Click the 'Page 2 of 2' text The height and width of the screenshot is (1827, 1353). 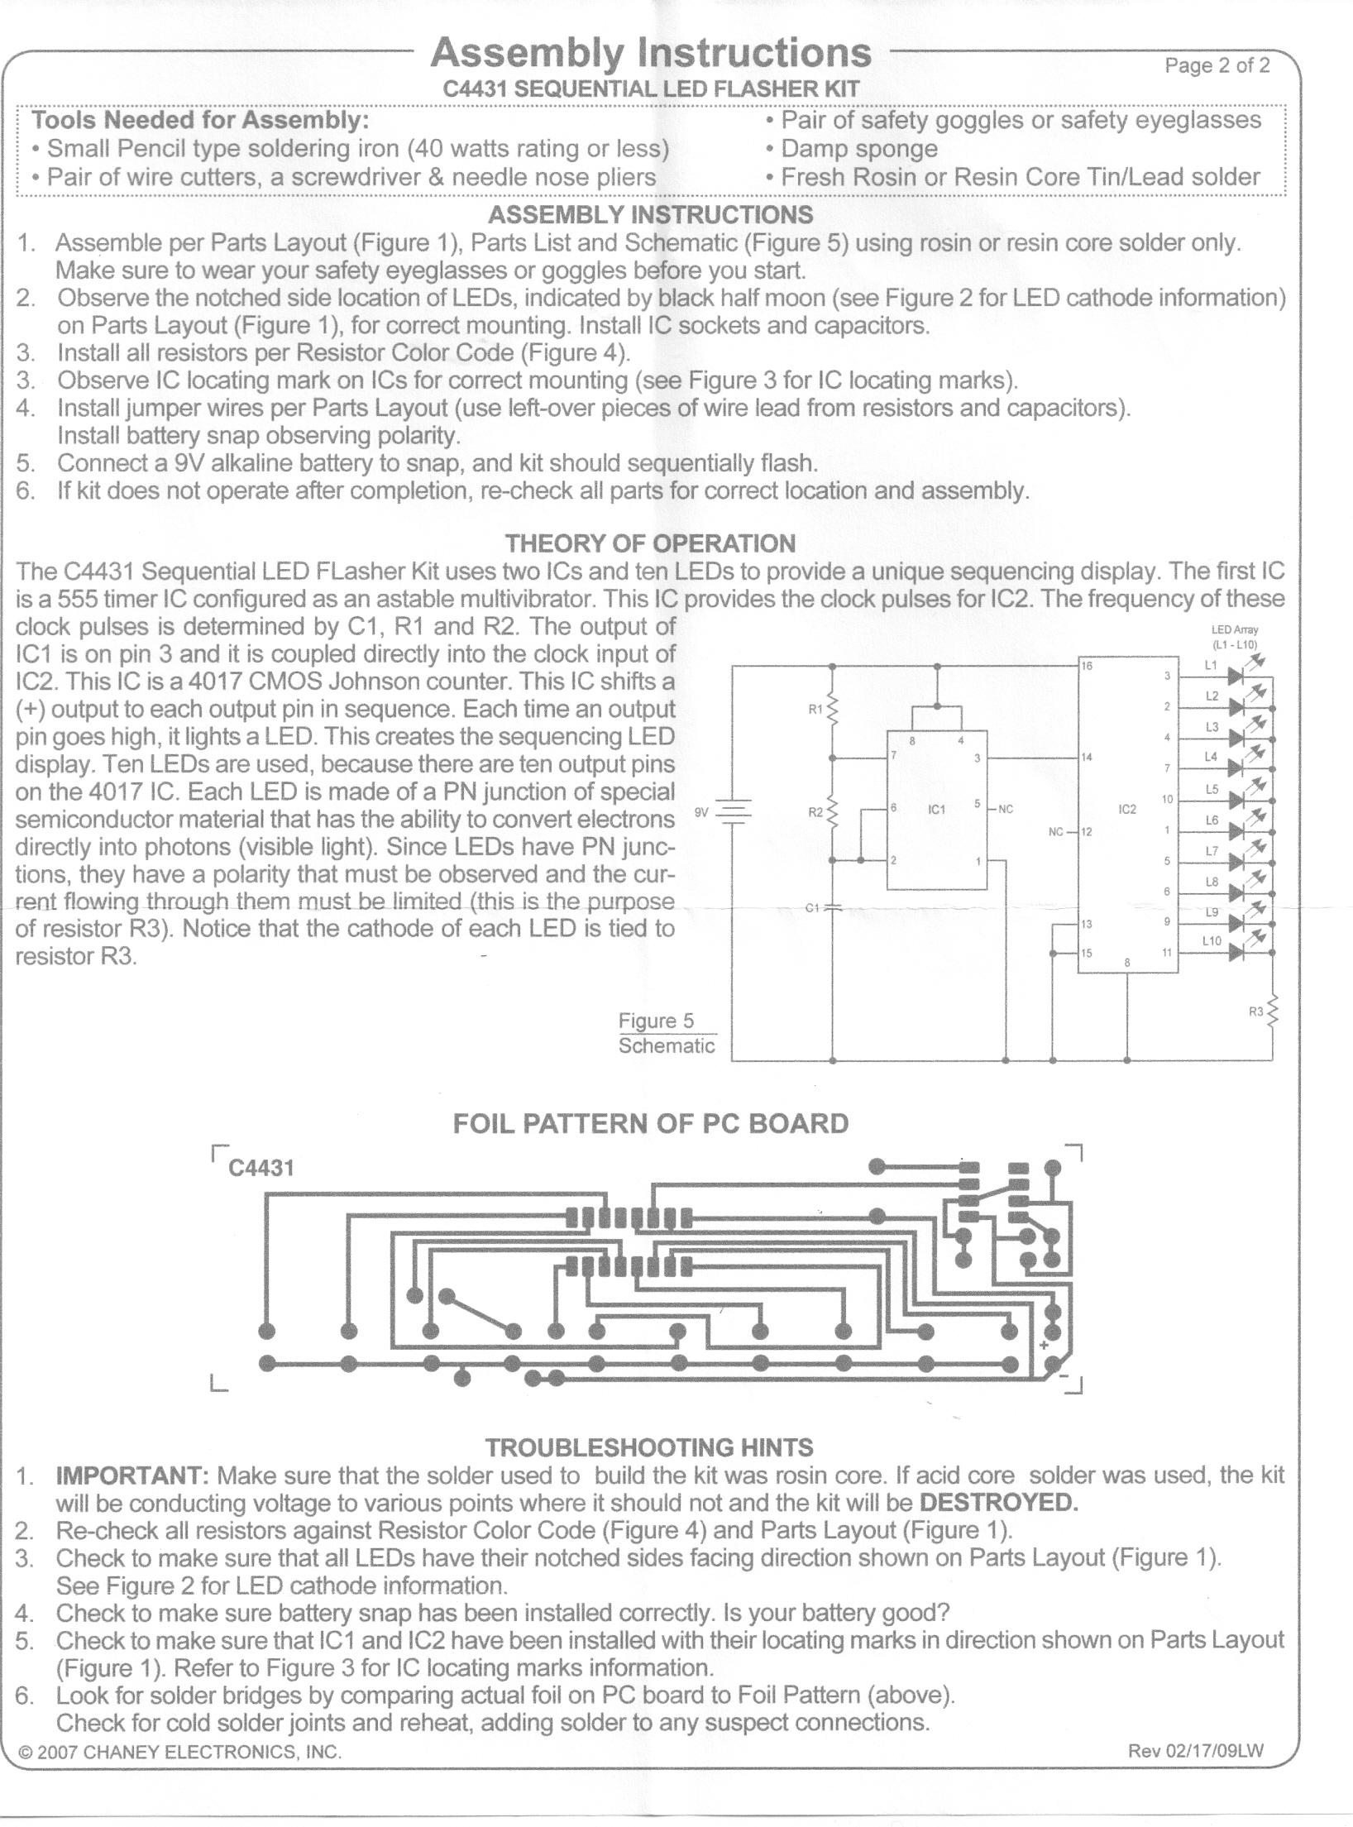click(x=1217, y=66)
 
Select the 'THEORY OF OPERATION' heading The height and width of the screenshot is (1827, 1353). click(x=650, y=543)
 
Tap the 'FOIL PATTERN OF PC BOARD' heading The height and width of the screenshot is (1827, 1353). click(x=651, y=1123)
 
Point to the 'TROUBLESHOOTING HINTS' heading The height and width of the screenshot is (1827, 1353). click(x=649, y=1447)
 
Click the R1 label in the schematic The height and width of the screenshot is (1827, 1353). click(x=815, y=709)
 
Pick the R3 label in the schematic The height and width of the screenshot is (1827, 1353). click(x=1256, y=1011)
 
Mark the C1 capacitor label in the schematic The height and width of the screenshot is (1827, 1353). click(x=812, y=908)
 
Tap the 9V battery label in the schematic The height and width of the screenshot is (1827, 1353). click(x=701, y=812)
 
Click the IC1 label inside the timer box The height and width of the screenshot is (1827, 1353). click(x=936, y=810)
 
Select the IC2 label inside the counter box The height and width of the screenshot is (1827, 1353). click(x=1127, y=810)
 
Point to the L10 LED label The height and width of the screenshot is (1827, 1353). click(x=1212, y=941)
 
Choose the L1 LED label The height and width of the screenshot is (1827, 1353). click(x=1211, y=665)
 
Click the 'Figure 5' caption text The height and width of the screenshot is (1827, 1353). click(x=657, y=1021)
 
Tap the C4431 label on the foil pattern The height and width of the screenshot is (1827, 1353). click(x=261, y=1168)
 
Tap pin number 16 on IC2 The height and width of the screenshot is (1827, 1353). click(x=1088, y=666)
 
